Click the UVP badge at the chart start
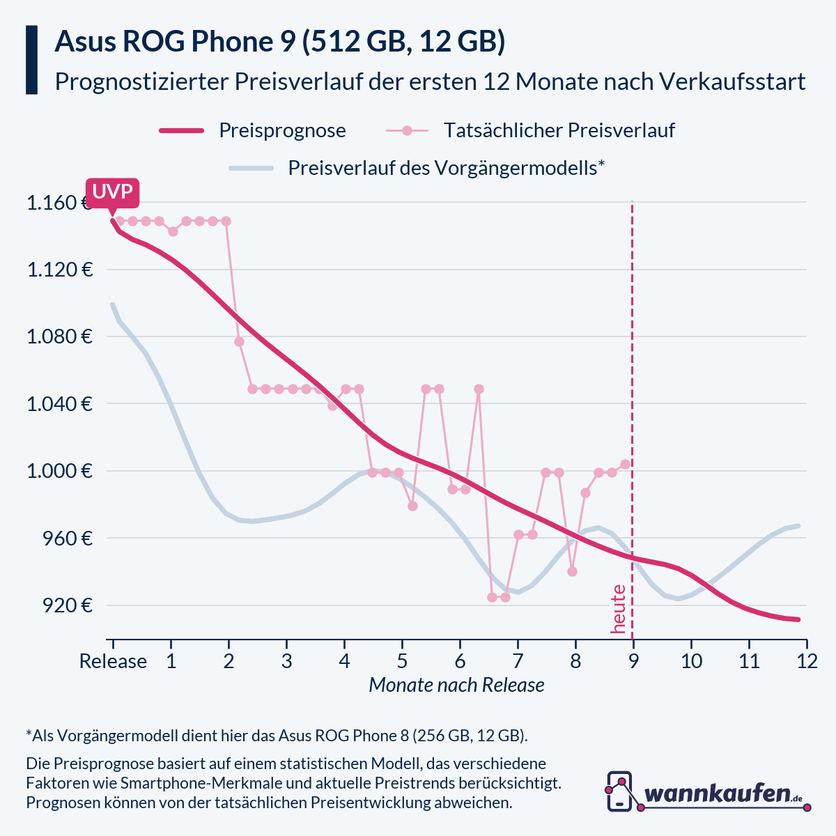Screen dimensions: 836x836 pyautogui.click(x=112, y=192)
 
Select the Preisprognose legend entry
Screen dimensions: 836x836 pyautogui.click(x=282, y=130)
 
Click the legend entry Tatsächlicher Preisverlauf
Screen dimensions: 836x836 pyautogui.click(x=559, y=130)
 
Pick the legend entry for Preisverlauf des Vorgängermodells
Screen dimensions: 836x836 pyautogui.click(x=446, y=168)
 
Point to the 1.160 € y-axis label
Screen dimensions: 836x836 pyautogui.click(x=59, y=203)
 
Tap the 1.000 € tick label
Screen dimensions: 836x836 pyautogui.click(x=59, y=472)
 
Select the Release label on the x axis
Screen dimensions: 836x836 pyautogui.click(x=113, y=661)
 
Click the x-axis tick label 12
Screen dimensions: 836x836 pyautogui.click(x=807, y=661)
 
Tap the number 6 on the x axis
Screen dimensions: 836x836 pyautogui.click(x=460, y=661)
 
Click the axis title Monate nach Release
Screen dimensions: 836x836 pyautogui.click(x=456, y=686)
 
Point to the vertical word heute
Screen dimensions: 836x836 pyautogui.click(x=618, y=609)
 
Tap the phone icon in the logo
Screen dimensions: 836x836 pyautogui.click(x=619, y=791)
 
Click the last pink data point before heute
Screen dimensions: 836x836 pyautogui.click(x=626, y=464)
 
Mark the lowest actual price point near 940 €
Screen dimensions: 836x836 pyautogui.click(x=572, y=571)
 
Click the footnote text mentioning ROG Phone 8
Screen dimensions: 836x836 pyautogui.click(x=277, y=736)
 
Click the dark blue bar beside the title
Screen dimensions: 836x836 pyautogui.click(x=31, y=60)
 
